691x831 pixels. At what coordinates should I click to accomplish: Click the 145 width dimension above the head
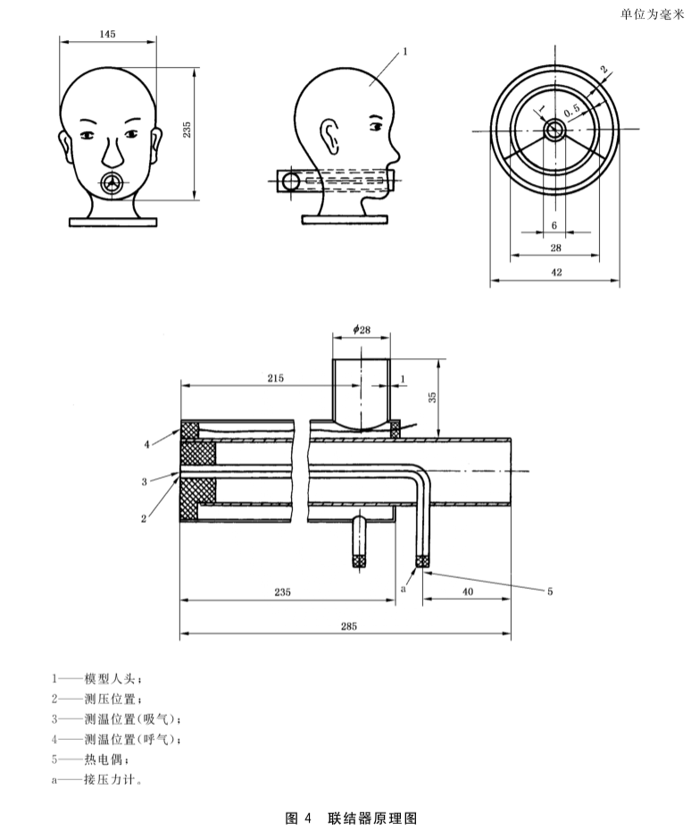tap(107, 34)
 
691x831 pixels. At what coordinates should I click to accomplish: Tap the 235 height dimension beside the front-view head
tap(187, 130)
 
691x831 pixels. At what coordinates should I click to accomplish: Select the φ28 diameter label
tap(362, 330)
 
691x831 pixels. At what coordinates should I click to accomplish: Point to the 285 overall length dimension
tap(348, 625)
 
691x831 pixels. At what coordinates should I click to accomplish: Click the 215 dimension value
tap(275, 378)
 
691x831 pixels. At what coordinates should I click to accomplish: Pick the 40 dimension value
tap(468, 592)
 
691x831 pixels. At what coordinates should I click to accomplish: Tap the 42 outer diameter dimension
tap(556, 273)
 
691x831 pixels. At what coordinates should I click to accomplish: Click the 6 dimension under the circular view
tap(554, 225)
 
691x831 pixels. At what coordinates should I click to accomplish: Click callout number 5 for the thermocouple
tap(550, 592)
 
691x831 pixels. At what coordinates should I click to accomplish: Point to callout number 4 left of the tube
tap(146, 445)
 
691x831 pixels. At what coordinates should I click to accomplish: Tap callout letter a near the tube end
tap(403, 590)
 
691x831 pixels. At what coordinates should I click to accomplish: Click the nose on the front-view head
tap(112, 151)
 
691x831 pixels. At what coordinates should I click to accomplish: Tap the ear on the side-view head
tap(330, 136)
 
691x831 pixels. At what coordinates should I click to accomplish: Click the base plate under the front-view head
tap(113, 222)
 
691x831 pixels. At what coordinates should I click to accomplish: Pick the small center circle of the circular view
tap(555, 130)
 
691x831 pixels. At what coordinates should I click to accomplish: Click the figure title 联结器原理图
tap(372, 818)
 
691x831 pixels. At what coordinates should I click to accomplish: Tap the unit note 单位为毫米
tap(653, 14)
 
